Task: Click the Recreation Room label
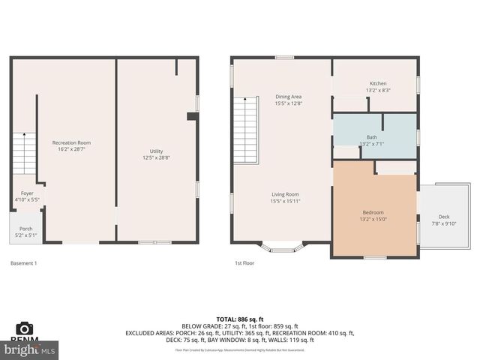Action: (71, 142)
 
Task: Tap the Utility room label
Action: (157, 151)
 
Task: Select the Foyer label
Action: (27, 193)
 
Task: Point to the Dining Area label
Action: (288, 96)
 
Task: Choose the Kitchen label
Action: (378, 82)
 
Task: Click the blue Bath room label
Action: (372, 136)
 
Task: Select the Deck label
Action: (444, 216)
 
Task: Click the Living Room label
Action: (285, 194)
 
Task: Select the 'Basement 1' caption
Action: (23, 263)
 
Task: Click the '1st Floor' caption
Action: (245, 263)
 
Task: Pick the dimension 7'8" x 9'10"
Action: (444, 223)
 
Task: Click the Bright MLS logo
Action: (30, 349)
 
